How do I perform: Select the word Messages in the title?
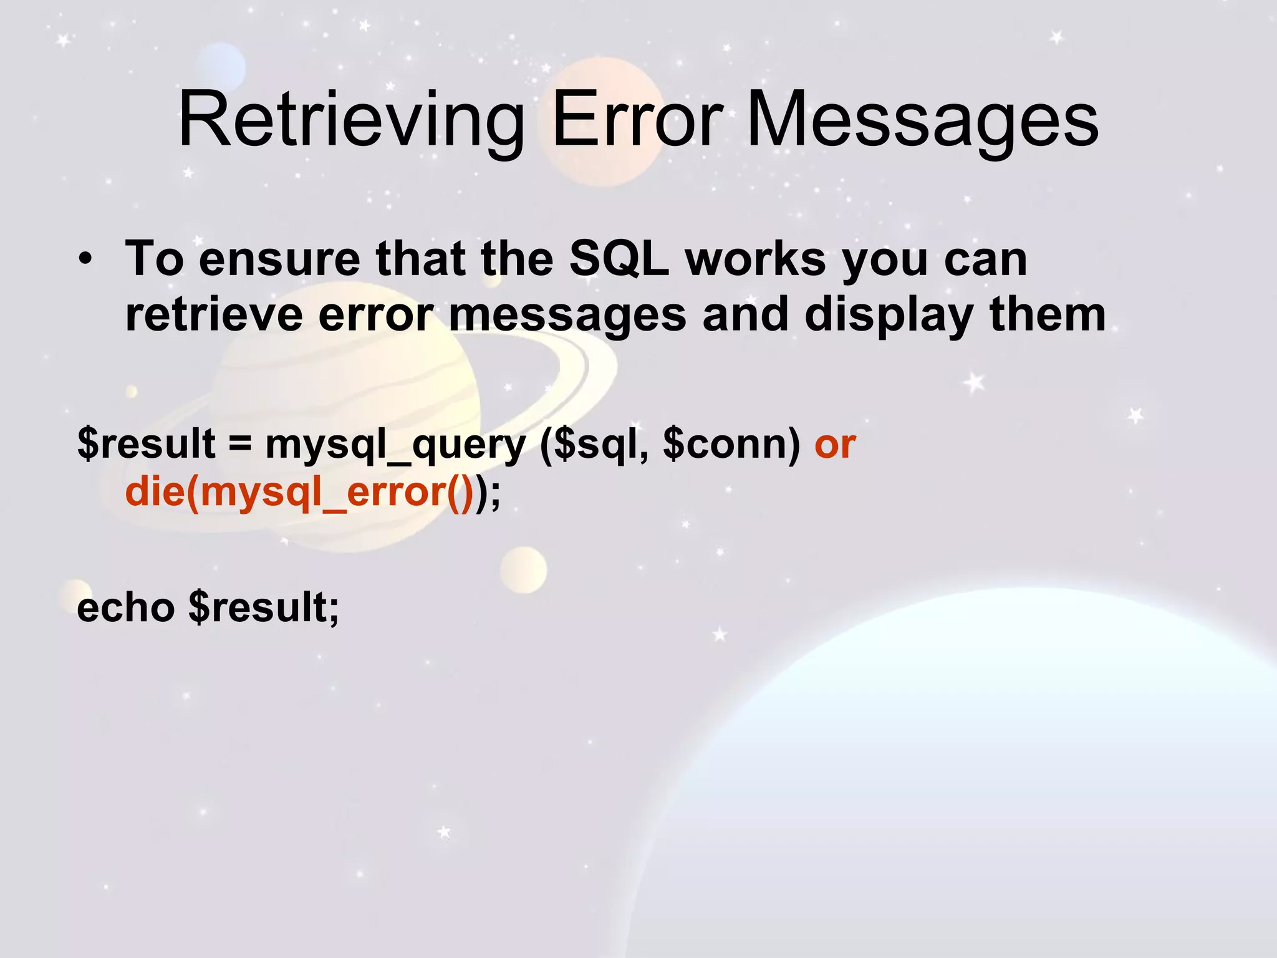922,120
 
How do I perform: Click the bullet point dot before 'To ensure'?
85,259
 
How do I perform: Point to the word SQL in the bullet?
619,258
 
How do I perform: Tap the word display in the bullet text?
888,316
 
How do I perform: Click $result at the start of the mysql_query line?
147,443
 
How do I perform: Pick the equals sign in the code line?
240,443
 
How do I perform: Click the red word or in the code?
835,445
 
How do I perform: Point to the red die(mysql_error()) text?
300,493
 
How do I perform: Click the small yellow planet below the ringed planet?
523,569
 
